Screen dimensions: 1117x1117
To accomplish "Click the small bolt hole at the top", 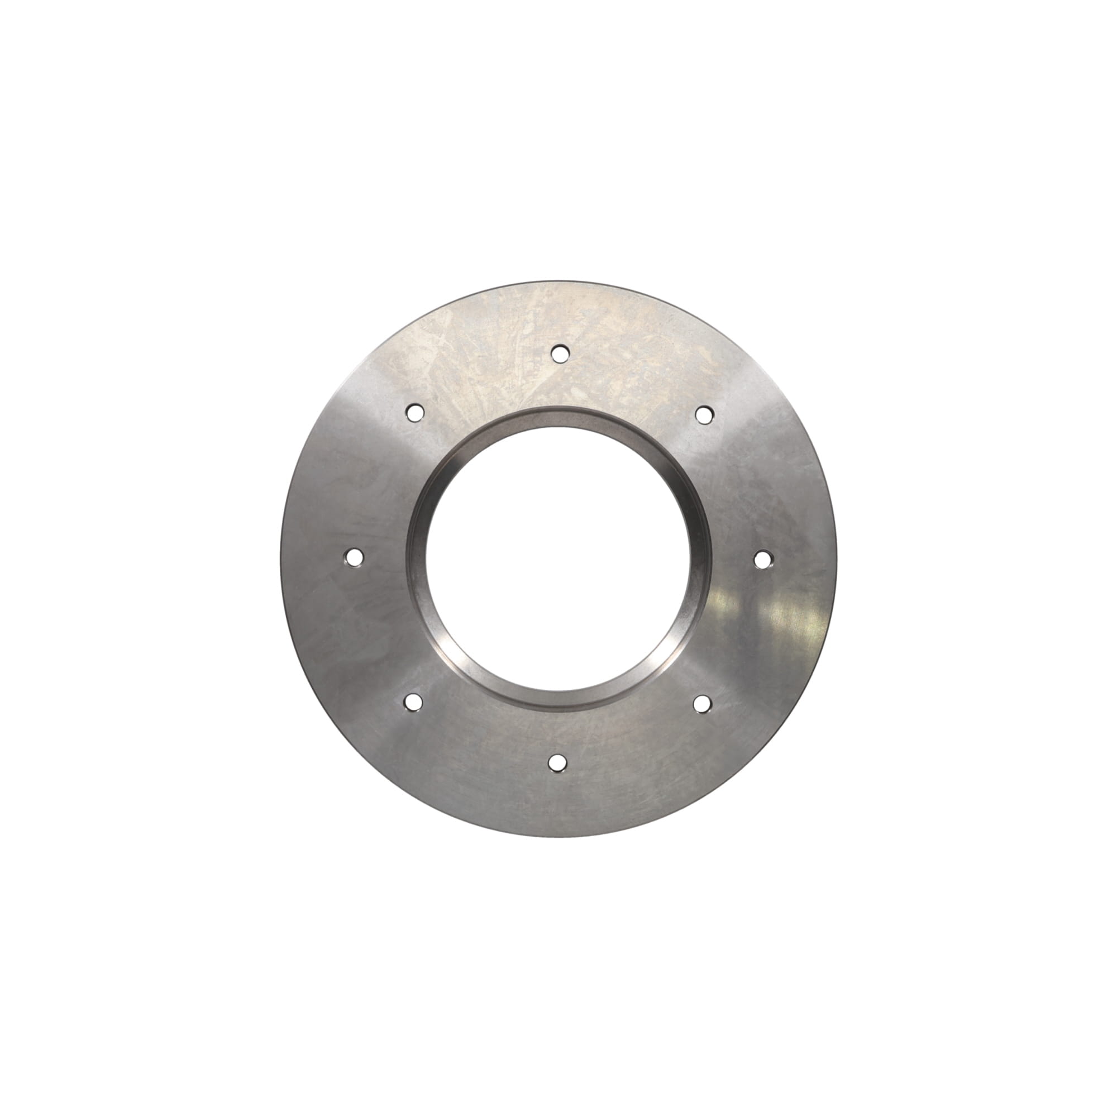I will (560, 352).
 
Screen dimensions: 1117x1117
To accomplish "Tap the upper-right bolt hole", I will (704, 414).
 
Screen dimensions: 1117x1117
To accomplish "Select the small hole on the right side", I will (763, 559).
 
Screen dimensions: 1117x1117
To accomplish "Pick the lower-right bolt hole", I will (703, 703).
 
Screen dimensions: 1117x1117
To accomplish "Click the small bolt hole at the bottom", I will (557, 762).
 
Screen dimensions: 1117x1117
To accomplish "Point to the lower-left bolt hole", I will (413, 702).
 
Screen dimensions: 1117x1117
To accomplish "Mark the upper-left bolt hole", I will (414, 412).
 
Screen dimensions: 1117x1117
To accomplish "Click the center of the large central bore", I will (558, 558).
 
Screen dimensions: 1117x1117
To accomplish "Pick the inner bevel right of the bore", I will (700, 558).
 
